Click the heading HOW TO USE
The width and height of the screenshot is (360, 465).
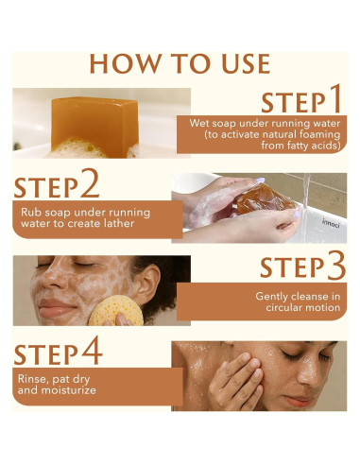click(x=180, y=63)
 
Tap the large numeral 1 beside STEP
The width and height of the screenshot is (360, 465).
click(x=334, y=98)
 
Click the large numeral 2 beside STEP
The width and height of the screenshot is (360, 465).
click(x=90, y=183)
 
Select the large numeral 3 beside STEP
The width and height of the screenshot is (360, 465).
click(x=336, y=266)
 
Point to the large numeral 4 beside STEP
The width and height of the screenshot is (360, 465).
click(x=92, y=350)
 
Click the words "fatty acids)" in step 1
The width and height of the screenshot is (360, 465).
click(x=300, y=146)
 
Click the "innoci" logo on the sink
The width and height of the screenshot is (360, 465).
click(x=331, y=223)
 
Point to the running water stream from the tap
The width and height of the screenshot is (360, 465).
click(x=305, y=206)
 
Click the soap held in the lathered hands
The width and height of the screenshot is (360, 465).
click(x=264, y=198)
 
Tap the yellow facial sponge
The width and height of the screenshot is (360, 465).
click(x=115, y=312)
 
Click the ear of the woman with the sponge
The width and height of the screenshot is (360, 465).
click(x=148, y=283)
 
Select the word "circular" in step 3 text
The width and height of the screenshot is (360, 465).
click(x=282, y=307)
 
